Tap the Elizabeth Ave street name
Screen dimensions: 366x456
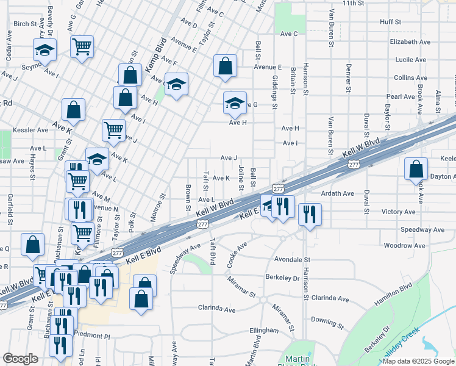[410, 42]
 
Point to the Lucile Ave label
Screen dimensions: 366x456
[410, 60]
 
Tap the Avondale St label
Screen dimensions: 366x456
[291, 259]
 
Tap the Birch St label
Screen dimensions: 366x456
[25, 24]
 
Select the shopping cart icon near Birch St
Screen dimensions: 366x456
[82, 46]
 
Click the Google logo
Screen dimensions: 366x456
[20, 359]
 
